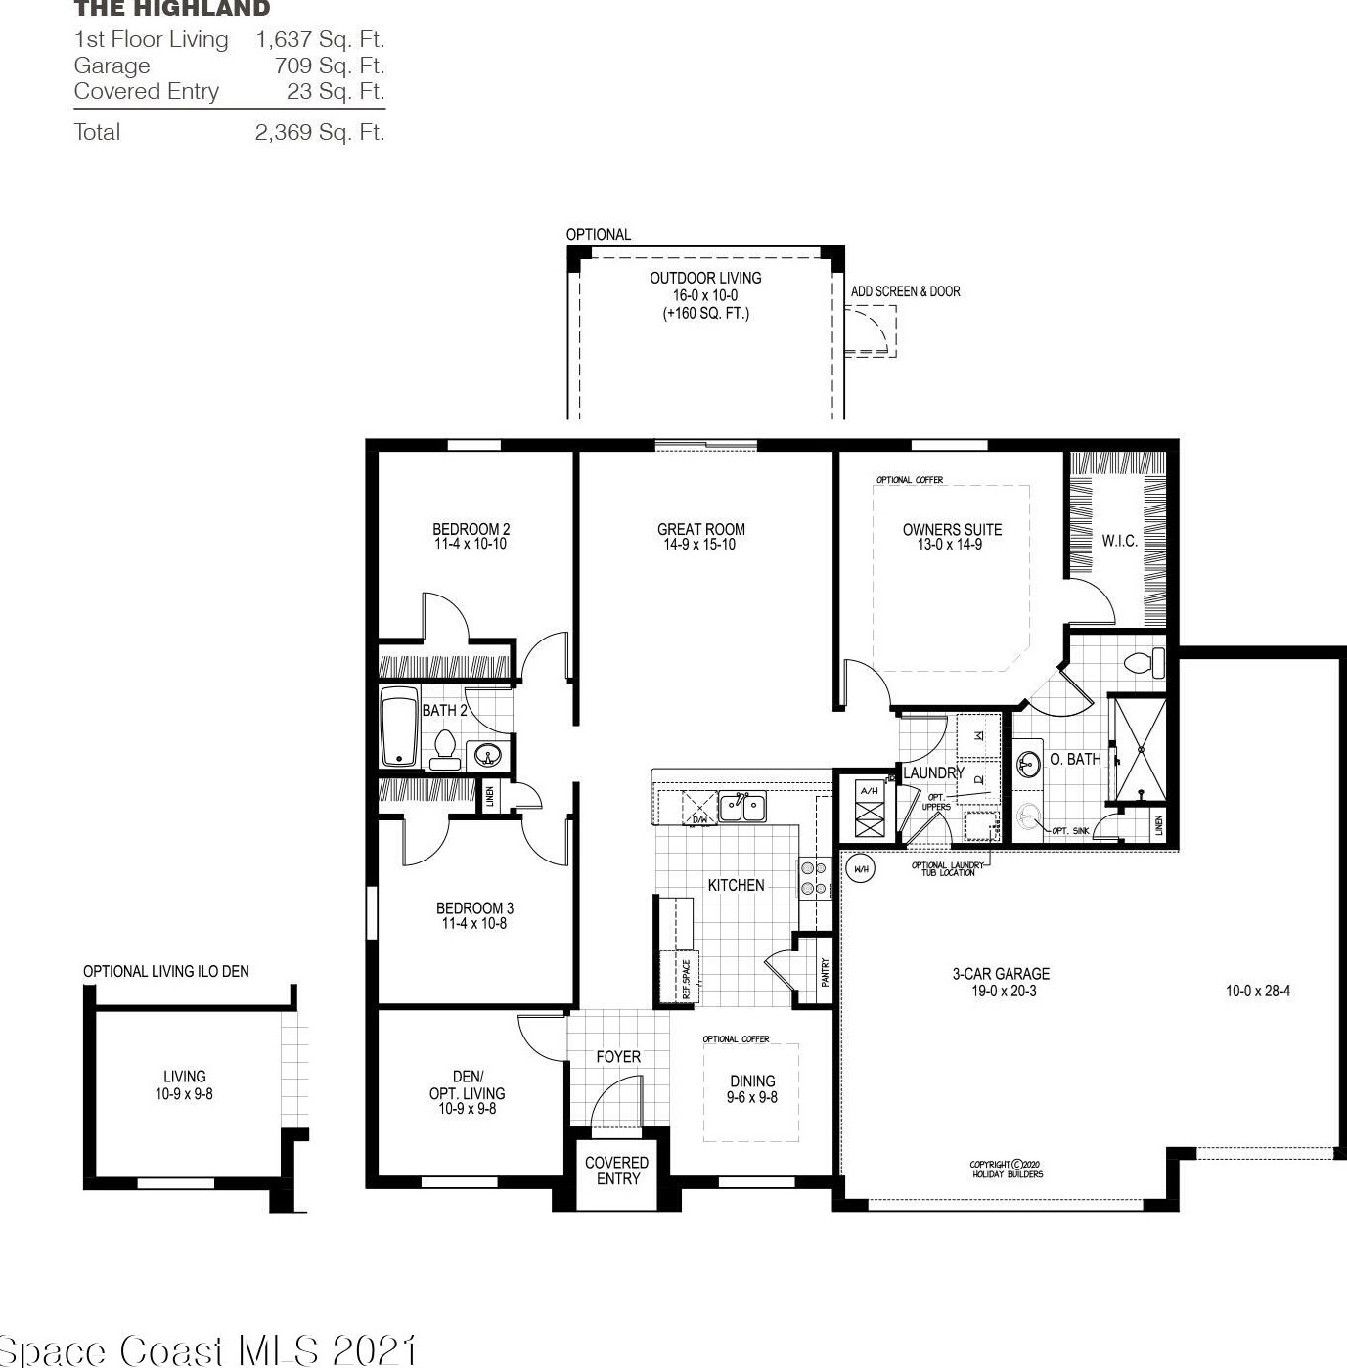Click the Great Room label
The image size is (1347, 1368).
click(700, 530)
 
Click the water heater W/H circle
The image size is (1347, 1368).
click(861, 868)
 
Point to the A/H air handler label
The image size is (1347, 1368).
click(870, 790)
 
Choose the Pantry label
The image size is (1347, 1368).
click(826, 971)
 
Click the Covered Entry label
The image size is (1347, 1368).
click(616, 1170)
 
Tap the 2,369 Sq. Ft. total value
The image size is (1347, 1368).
click(319, 133)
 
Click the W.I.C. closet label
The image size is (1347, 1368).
click(1119, 541)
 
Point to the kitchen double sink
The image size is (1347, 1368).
click(742, 808)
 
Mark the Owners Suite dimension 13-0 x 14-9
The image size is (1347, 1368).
click(950, 545)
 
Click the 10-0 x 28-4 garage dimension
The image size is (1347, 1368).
click(1257, 991)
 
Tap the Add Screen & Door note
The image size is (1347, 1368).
click(905, 291)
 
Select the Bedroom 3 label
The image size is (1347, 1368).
click(474, 908)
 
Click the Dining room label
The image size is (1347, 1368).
click(752, 1081)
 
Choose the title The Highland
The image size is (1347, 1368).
click(172, 10)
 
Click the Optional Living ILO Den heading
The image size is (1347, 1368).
click(166, 971)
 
